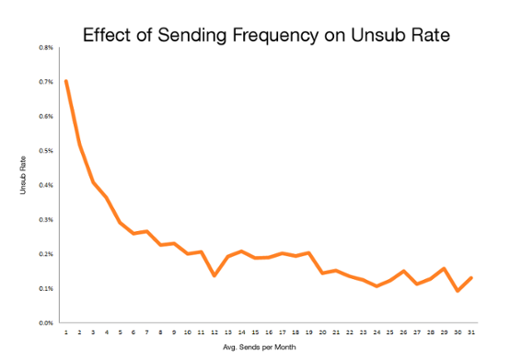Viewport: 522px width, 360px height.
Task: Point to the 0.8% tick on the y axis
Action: pos(44,47)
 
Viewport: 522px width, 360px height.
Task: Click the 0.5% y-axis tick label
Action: pos(44,150)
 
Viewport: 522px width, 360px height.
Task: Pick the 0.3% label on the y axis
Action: pos(44,219)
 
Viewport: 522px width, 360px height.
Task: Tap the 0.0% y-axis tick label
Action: pos(44,323)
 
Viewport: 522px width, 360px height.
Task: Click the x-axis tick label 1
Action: pos(66,332)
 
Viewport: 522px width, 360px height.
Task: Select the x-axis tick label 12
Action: pos(214,332)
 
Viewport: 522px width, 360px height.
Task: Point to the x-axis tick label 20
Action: pos(321,332)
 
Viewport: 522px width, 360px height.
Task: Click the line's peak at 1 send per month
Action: pos(66,81)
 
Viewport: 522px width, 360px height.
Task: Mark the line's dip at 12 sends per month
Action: pos(214,275)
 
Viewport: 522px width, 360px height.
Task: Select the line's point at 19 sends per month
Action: pos(308,252)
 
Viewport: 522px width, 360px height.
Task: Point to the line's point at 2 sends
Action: pos(80,144)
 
